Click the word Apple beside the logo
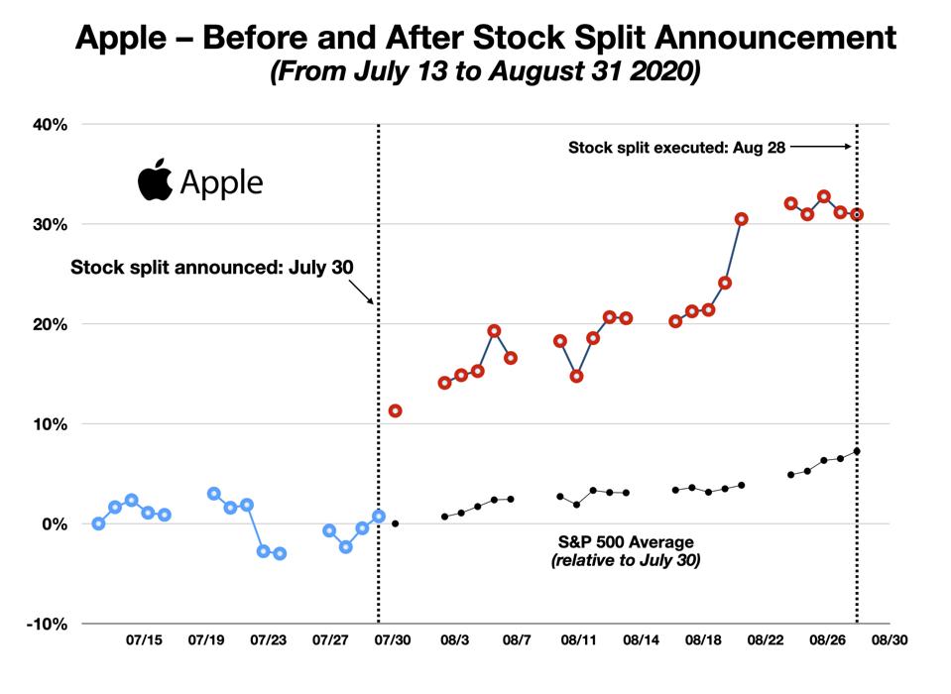[221, 183]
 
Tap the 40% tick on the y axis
[47, 125]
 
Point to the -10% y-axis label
[43, 624]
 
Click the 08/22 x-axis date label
[765, 641]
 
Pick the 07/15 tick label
[145, 641]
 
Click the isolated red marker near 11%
[395, 410]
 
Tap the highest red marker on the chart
[824, 196]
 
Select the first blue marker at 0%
[98, 523]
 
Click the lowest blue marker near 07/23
[280, 553]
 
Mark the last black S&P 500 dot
[857, 451]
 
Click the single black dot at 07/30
[395, 523]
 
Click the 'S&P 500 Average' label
[623, 542]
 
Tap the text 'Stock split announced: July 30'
[211, 267]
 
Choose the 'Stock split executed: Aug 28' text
[676, 148]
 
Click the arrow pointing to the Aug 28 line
[821, 147]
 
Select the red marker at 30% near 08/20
[741, 219]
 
